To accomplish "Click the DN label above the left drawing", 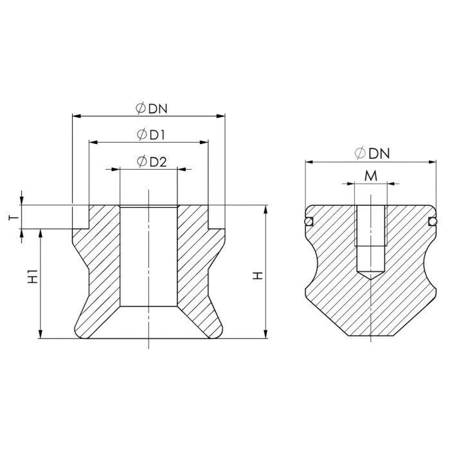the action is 158,109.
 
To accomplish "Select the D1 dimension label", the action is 157,135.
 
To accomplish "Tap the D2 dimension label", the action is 158,162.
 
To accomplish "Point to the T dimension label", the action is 14,217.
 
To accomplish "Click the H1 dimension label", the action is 33,276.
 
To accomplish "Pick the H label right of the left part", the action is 258,276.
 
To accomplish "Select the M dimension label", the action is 371,176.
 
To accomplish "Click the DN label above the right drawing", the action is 379,154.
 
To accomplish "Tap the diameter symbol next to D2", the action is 142,161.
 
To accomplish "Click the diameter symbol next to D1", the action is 142,134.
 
